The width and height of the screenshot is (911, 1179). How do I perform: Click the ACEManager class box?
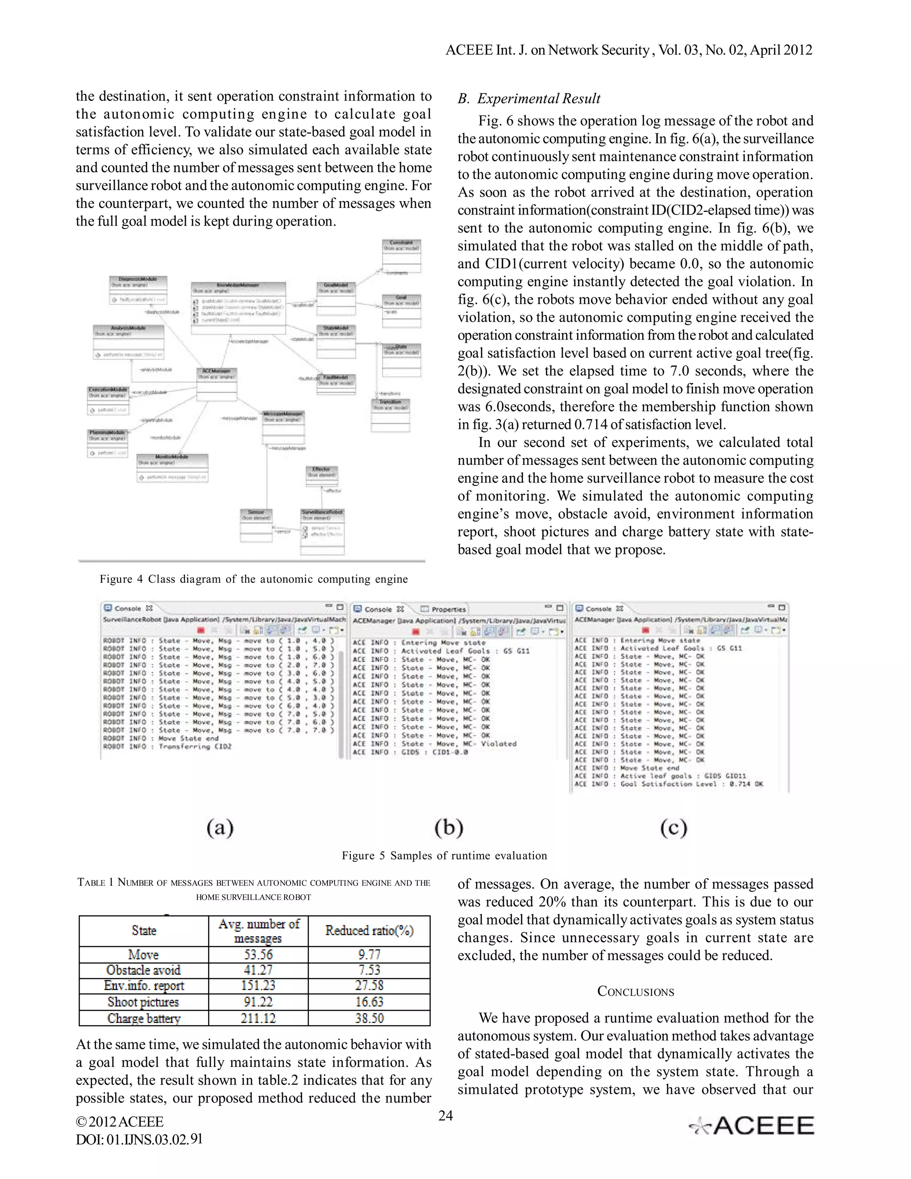(217, 384)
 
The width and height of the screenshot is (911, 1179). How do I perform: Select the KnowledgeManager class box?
(238, 303)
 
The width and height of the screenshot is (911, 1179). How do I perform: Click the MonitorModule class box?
(172, 468)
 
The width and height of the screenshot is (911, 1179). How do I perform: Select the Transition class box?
(390, 414)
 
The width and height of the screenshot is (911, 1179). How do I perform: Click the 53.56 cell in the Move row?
(258, 954)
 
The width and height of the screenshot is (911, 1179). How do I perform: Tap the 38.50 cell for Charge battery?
(369, 1018)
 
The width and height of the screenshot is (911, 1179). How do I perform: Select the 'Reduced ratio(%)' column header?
(369, 931)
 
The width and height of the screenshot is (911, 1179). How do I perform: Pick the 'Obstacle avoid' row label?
(144, 970)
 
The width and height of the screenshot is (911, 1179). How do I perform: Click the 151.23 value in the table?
(258, 986)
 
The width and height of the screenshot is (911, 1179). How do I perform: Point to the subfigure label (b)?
(448, 828)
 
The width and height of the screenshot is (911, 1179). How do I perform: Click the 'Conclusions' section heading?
(635, 992)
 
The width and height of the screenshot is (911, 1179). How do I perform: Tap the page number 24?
(445, 1115)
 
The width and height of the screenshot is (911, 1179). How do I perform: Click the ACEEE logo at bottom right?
(752, 1126)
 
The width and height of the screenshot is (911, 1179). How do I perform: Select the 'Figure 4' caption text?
(253, 579)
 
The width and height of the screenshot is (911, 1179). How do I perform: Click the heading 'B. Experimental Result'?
(529, 99)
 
